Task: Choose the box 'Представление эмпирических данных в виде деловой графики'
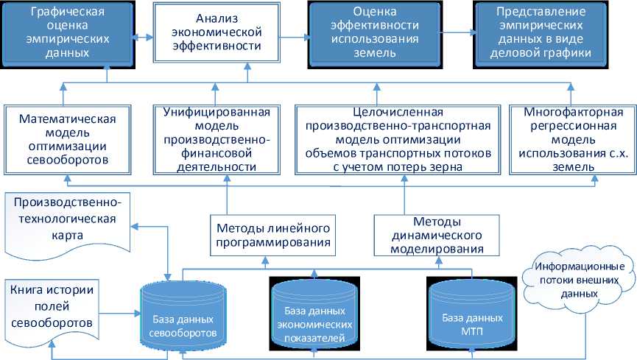(544, 34)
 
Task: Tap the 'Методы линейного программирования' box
(267, 233)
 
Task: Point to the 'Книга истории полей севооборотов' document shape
(49, 304)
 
